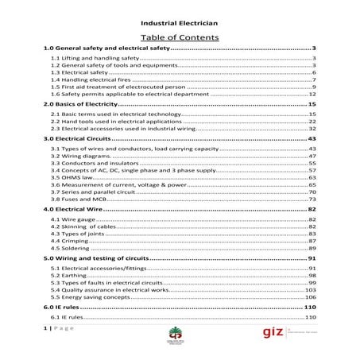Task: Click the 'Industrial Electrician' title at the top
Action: tap(180, 24)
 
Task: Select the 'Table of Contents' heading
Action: tap(180, 37)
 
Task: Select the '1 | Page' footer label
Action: tap(56, 327)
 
